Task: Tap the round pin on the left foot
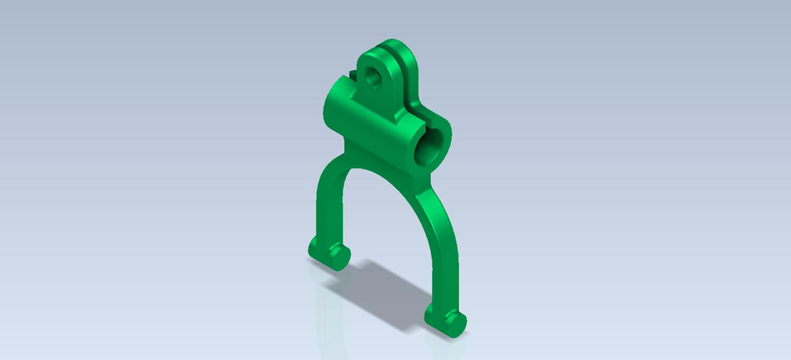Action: coord(338,256)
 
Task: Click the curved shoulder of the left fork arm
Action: coord(330,169)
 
